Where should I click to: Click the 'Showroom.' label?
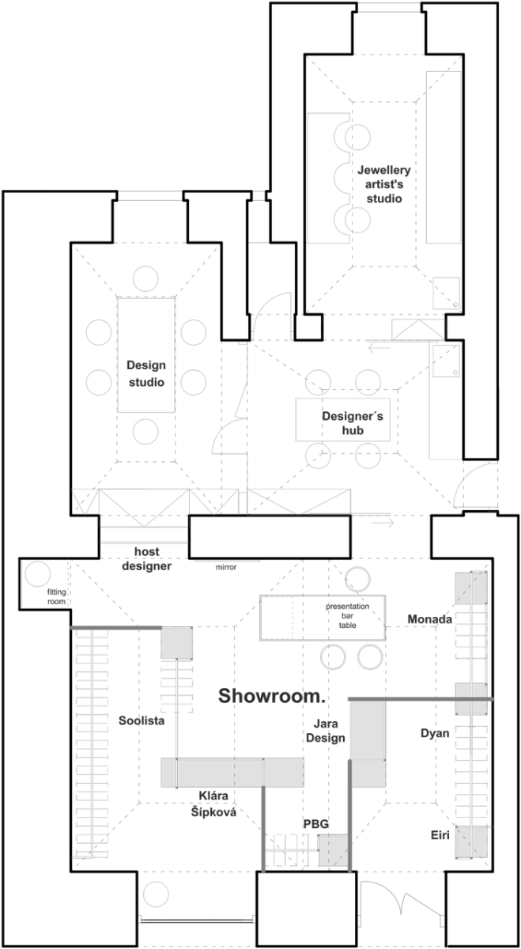271,696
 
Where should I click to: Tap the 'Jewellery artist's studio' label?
383,184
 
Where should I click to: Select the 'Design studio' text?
146,373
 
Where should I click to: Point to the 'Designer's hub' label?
353,423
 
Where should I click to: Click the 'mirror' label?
226,567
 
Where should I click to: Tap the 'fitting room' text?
56,596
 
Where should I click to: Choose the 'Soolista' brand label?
142,720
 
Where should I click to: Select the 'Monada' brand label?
429,619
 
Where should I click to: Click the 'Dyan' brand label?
435,733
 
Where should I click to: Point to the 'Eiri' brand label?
440,835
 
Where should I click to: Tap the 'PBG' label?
316,823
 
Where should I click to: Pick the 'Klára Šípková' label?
213,803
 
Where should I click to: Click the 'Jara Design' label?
325,731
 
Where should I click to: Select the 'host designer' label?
146,559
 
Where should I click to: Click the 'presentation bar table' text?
347,615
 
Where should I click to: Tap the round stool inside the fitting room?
38,574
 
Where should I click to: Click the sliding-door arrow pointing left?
379,348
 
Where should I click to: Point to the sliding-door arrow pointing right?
383,523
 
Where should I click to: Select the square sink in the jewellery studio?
446,293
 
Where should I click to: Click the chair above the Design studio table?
145,278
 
